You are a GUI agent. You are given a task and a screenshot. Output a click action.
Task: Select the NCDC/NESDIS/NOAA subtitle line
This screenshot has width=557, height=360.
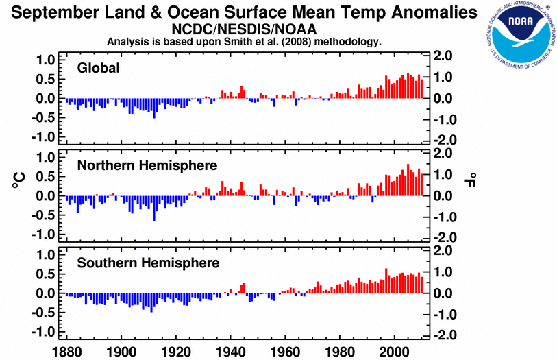click(244, 29)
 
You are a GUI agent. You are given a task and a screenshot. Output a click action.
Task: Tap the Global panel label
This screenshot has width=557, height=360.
click(99, 68)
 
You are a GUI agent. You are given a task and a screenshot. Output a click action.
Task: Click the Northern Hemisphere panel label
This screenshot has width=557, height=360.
click(147, 165)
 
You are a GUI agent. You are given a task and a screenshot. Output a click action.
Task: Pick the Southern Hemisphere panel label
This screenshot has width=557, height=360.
click(148, 263)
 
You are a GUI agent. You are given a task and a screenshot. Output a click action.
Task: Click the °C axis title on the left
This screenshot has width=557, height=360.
click(18, 180)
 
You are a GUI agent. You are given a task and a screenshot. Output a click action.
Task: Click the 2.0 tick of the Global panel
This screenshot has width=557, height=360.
click(443, 56)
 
